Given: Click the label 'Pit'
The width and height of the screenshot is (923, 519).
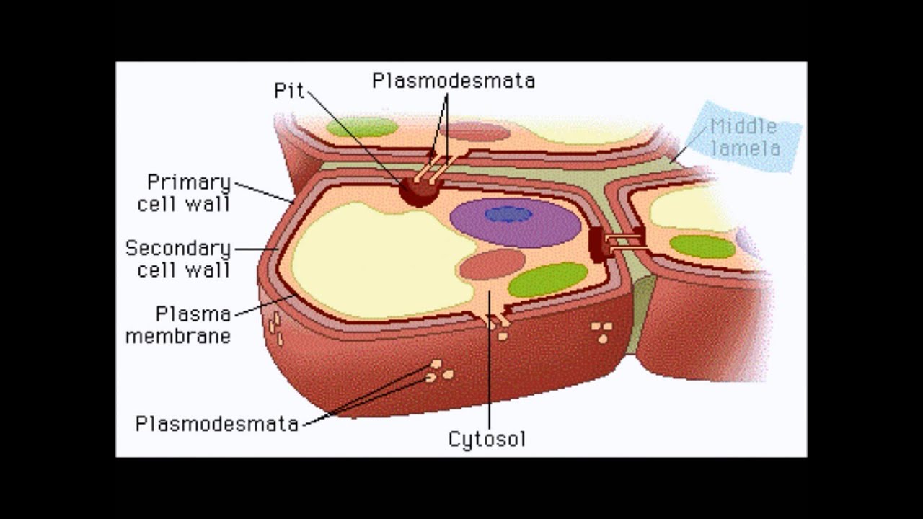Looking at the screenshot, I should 289,90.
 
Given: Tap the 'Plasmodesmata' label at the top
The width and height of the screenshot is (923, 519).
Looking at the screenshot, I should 454,81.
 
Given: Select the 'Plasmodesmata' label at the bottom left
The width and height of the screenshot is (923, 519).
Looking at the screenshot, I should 217,423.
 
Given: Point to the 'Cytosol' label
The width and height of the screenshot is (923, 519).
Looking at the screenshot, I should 487,439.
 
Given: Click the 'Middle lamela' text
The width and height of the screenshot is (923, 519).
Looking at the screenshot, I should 745,138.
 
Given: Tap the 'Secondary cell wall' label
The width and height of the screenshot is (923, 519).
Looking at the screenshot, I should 177,259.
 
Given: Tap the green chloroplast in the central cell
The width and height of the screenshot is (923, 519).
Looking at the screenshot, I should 548,280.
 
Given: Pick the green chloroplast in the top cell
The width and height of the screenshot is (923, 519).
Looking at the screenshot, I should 362,128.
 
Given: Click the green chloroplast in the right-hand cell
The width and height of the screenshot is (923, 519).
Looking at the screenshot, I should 702,247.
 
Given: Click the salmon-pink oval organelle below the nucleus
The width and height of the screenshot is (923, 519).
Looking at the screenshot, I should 492,265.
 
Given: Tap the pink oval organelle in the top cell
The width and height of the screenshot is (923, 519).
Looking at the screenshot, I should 475,131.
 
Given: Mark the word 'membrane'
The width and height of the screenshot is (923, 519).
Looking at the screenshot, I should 178,336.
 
